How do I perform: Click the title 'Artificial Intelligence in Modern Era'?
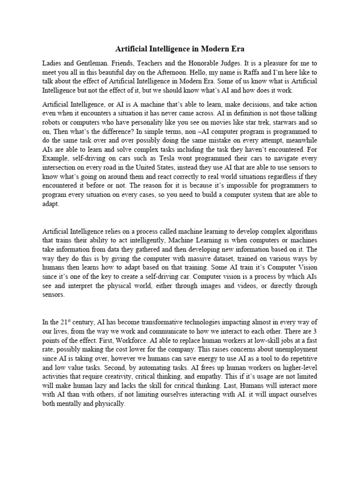180,49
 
